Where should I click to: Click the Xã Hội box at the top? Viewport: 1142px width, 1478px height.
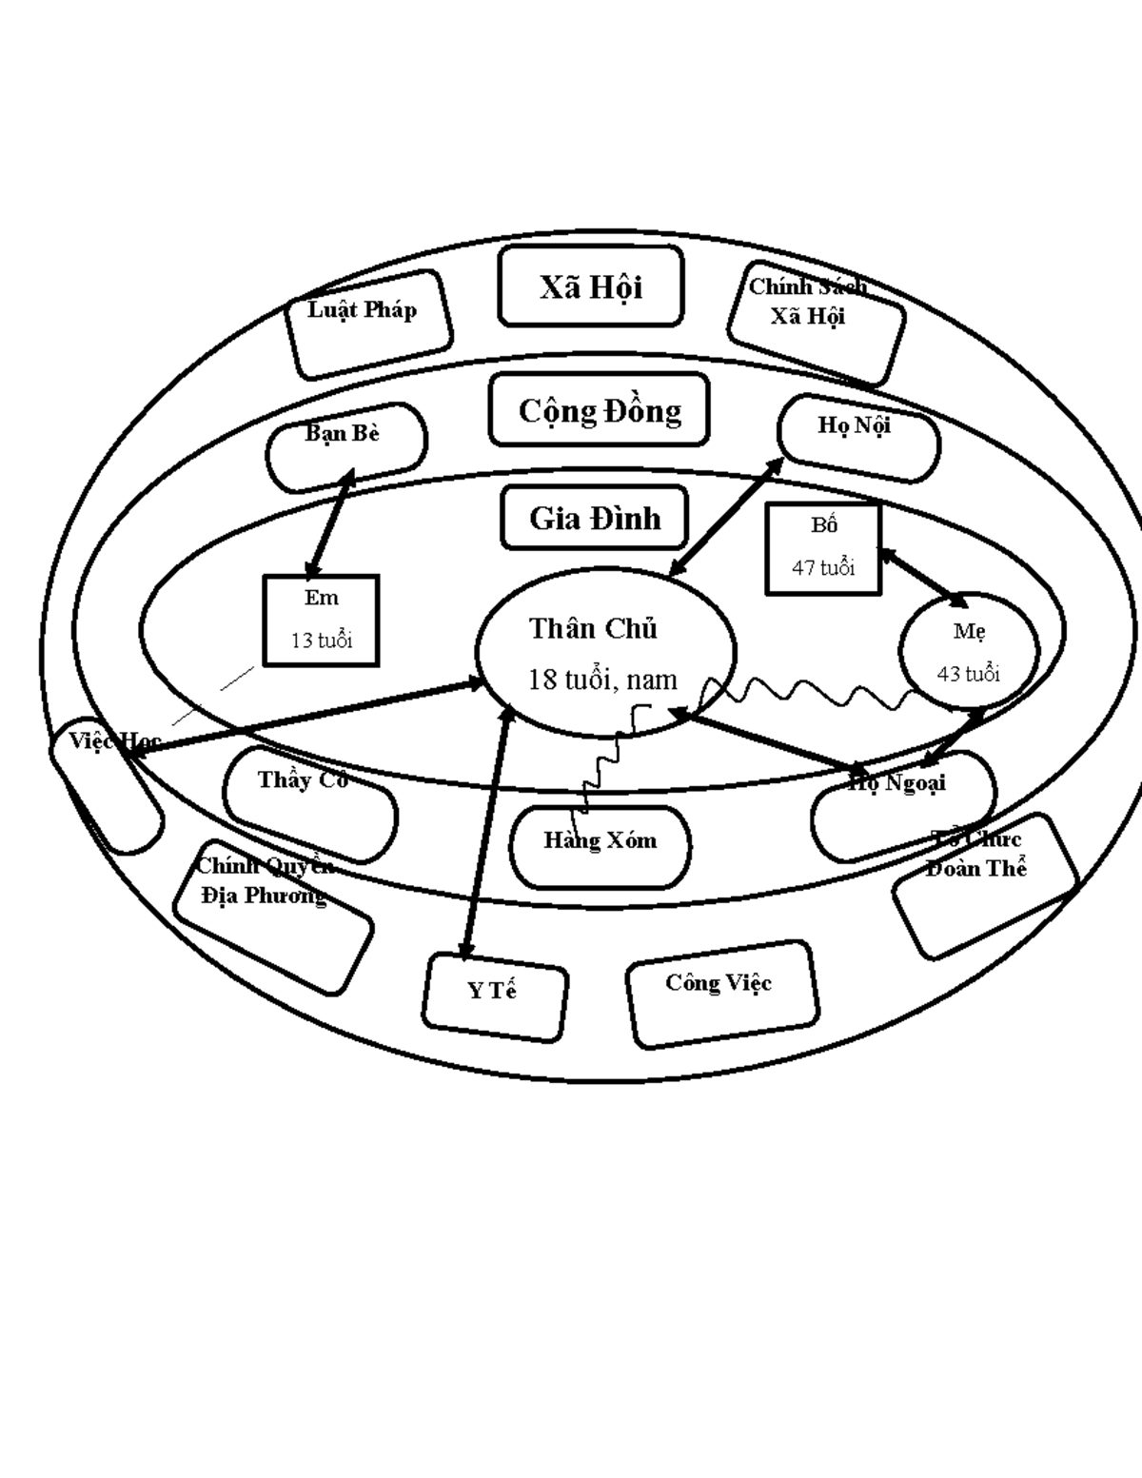pos(590,286)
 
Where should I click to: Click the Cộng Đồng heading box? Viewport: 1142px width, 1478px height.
pos(600,410)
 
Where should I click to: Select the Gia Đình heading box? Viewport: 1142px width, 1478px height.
pos(595,518)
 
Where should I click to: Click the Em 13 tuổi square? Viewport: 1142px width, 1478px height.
pos(321,620)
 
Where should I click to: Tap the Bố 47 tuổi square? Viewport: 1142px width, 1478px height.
pos(823,549)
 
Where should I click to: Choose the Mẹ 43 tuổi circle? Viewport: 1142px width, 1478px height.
pos(969,651)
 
